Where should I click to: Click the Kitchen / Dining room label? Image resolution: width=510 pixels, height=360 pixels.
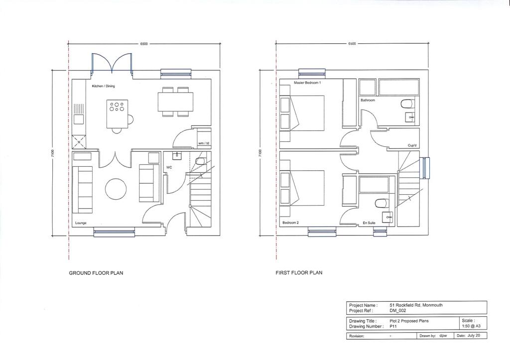103,86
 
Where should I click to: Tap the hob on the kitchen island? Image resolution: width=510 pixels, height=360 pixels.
117,107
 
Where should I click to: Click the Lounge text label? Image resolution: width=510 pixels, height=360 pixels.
81,223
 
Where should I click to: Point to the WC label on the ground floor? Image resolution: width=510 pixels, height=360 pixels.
169,168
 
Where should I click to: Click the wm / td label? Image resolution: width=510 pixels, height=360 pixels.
204,143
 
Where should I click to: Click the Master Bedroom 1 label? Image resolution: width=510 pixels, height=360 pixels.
307,83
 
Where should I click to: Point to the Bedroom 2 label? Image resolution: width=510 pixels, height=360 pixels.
290,223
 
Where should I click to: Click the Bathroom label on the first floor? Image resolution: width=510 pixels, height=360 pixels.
368,100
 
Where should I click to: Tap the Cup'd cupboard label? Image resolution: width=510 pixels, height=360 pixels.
412,145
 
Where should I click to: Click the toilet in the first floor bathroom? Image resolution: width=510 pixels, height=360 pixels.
406,103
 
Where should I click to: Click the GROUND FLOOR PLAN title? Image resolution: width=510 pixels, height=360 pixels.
96,273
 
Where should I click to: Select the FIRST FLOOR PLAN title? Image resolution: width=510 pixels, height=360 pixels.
299,273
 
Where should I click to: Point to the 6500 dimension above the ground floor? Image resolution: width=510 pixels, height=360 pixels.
143,44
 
